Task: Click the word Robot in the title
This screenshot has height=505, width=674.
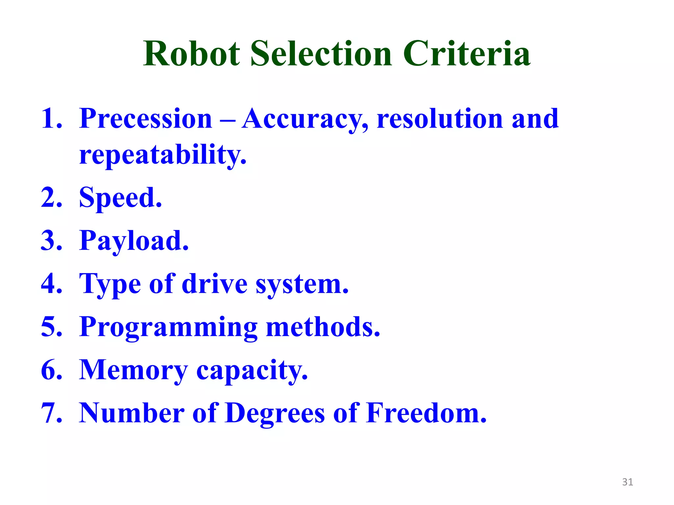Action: pyautogui.click(x=192, y=54)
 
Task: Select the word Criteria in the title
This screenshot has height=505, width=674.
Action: pyautogui.click(x=467, y=54)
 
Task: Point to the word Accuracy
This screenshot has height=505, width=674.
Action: pyautogui.click(x=305, y=119)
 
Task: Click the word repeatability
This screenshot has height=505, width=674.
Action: pyautogui.click(x=163, y=155)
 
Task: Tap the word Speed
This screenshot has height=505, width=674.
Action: pyautogui.click(x=120, y=198)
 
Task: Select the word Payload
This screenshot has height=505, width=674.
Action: pyautogui.click(x=134, y=241)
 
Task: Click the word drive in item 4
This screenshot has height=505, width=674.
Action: pyautogui.click(x=215, y=284)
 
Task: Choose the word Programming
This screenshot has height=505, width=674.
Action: pyautogui.click(x=168, y=327)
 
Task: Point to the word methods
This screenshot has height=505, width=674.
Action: pyautogui.click(x=323, y=327)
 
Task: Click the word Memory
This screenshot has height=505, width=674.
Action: pyautogui.click(x=133, y=370)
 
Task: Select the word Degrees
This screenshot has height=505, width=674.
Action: pyautogui.click(x=275, y=413)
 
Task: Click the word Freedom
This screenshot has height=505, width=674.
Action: pyautogui.click(x=426, y=413)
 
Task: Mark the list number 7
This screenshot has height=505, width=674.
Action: pyautogui.click(x=51, y=413)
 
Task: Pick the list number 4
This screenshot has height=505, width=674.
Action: pyautogui.click(x=51, y=284)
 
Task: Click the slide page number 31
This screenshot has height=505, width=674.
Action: pyautogui.click(x=628, y=482)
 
